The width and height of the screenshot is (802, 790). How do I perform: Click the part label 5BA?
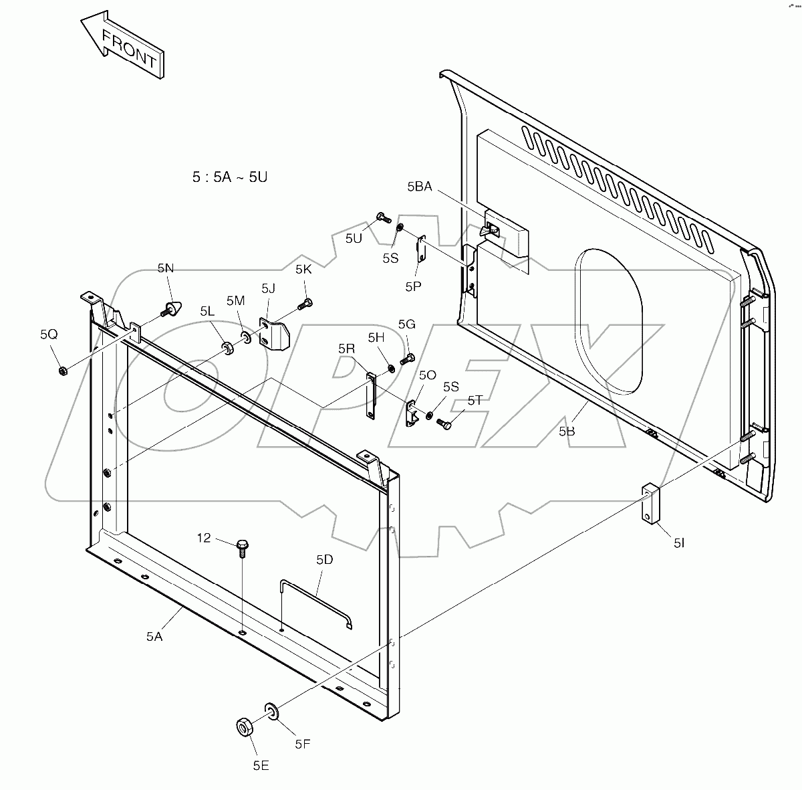coord(419,187)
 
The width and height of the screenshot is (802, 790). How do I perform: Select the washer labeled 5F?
coord(271,710)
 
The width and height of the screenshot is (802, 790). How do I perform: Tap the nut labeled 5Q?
coord(62,370)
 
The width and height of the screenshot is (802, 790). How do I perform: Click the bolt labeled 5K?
coord(305,305)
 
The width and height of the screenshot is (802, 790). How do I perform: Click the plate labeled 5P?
coord(422,250)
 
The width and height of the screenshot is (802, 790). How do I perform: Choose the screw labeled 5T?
coord(444,423)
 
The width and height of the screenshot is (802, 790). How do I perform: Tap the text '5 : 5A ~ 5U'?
coord(230,177)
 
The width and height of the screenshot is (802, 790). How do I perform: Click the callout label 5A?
coord(154,637)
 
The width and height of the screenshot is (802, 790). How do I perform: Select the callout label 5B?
coord(566,431)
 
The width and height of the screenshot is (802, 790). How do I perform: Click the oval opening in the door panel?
coord(610,321)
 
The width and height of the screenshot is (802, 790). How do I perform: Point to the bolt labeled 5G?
coord(408,359)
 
